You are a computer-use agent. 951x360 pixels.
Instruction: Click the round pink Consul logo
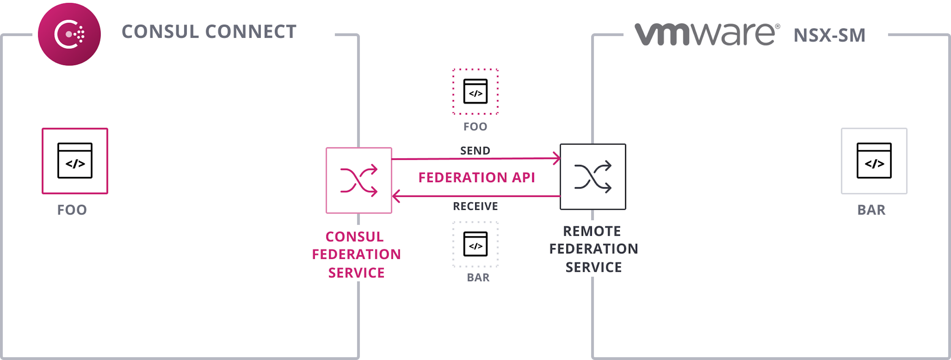tap(69, 34)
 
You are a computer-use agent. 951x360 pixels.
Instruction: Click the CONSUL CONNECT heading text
tap(209, 32)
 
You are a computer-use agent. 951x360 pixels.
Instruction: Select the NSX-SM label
tap(830, 35)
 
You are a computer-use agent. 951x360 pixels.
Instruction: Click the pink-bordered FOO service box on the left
tap(75, 161)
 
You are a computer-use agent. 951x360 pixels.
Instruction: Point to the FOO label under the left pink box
tap(72, 210)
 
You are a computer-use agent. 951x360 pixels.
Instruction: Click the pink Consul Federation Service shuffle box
tap(359, 180)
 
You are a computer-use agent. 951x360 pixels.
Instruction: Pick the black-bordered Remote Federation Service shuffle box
tap(593, 177)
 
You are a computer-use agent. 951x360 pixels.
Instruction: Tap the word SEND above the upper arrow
tap(475, 151)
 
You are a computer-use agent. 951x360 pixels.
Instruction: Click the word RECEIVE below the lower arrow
tap(475, 206)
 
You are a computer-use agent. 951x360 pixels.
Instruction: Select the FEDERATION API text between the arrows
tap(477, 177)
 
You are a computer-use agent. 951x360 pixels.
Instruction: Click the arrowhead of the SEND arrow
tap(557, 158)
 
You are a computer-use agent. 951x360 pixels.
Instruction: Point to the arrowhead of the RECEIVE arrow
tap(396, 196)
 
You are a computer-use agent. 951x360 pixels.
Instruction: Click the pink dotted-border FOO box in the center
tap(475, 91)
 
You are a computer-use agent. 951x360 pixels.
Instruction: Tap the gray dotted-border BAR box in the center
tap(475, 244)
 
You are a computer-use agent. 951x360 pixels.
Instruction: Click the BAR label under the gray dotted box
tap(478, 277)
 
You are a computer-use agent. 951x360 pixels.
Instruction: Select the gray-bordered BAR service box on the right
tap(874, 161)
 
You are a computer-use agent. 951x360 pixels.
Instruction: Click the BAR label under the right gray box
tap(871, 210)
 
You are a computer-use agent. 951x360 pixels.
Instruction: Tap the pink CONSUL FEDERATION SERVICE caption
tap(356, 255)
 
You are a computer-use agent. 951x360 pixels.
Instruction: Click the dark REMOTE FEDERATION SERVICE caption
tap(593, 249)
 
